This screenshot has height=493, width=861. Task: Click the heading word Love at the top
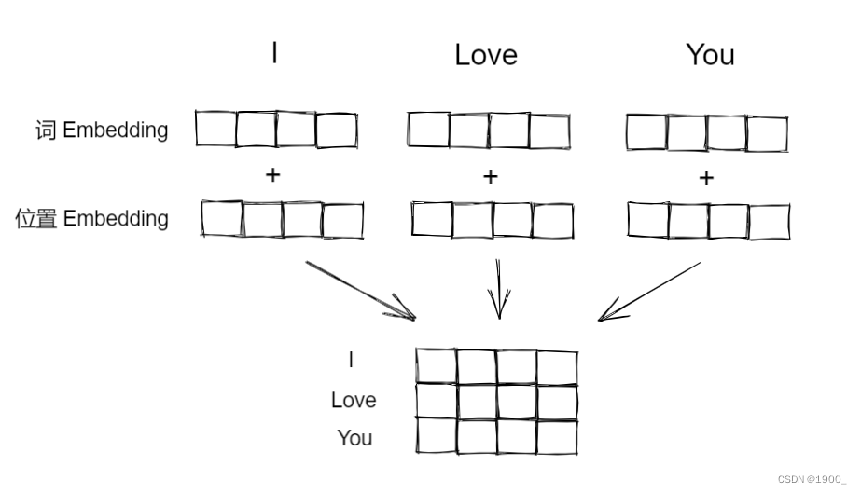click(x=485, y=55)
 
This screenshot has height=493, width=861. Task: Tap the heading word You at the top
click(x=710, y=55)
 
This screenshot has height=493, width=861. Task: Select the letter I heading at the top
click(x=274, y=53)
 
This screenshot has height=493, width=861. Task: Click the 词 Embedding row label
click(x=102, y=130)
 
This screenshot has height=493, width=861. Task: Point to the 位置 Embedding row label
click(x=91, y=219)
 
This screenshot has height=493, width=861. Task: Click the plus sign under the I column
click(x=272, y=175)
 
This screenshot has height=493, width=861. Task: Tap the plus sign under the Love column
click(x=491, y=177)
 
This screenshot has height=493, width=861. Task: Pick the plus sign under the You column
click(x=706, y=178)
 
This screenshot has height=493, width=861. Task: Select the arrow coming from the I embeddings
click(x=361, y=291)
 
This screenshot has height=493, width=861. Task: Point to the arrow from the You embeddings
click(x=649, y=291)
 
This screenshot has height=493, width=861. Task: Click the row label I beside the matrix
click(x=351, y=360)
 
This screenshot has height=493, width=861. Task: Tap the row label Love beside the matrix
click(x=354, y=401)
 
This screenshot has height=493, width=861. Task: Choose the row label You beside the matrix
click(x=354, y=438)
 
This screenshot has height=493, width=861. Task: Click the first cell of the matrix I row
click(x=437, y=366)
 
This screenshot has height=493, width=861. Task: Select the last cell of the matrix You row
click(x=557, y=436)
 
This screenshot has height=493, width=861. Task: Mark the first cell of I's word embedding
click(x=215, y=129)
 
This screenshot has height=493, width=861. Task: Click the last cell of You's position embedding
click(x=769, y=222)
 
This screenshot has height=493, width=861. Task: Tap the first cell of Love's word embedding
click(x=428, y=130)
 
